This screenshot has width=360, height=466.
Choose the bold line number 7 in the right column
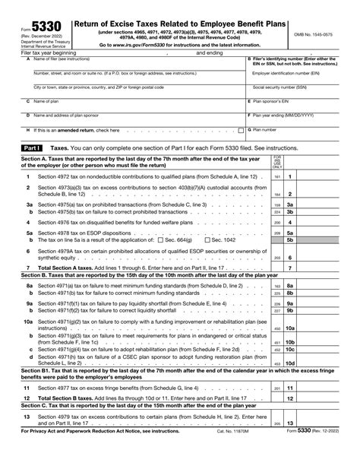click(x=289, y=268)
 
